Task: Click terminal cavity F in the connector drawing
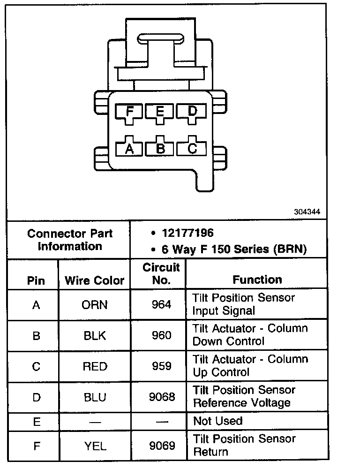pos(130,112)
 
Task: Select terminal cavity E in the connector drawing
pos(160,112)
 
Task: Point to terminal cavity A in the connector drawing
pos(130,149)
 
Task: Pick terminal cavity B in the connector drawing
pos(160,149)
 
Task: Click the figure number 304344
pos(307,212)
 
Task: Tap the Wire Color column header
pos(95,280)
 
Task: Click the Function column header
pos(257,280)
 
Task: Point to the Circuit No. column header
pos(161,274)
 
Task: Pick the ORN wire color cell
pos(95,305)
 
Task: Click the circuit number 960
pos(162,336)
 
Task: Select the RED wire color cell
pos(95,366)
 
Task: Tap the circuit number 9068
pos(162,397)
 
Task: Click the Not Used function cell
pos(218,421)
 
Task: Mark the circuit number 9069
pos(162,446)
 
